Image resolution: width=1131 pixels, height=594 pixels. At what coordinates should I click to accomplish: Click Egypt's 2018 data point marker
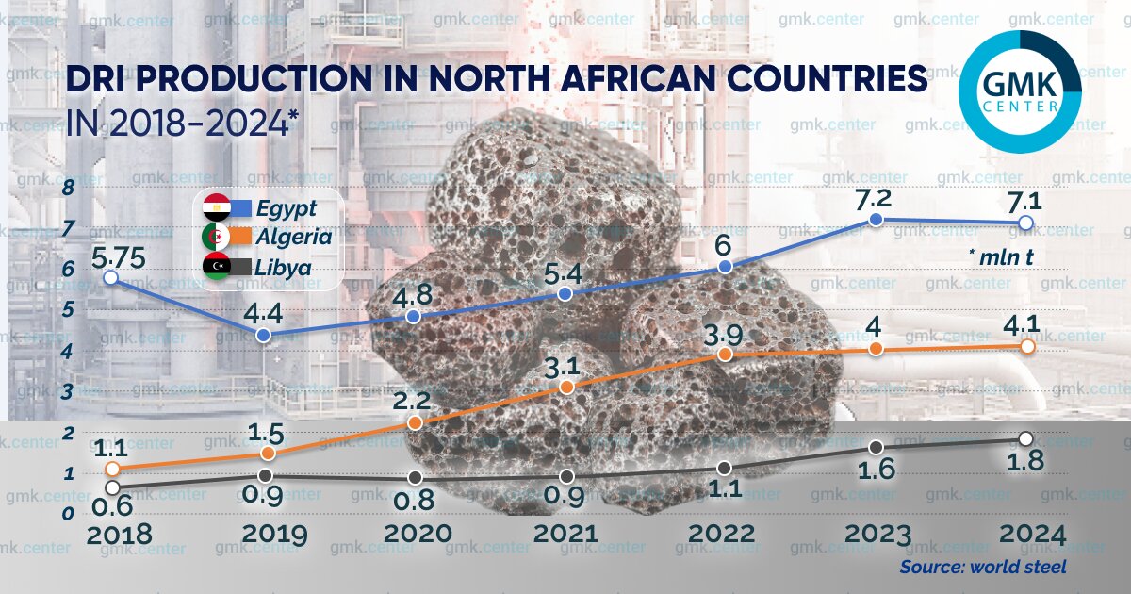(x=111, y=277)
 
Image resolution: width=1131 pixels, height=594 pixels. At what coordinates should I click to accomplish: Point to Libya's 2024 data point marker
(x=1027, y=438)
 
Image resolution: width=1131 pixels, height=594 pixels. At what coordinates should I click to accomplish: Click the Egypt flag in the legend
(x=217, y=208)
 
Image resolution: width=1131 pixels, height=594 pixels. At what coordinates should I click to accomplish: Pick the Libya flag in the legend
(x=217, y=267)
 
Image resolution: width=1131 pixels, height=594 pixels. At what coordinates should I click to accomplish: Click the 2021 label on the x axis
(x=565, y=535)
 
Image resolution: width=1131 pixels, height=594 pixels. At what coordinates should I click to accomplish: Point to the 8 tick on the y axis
(x=67, y=189)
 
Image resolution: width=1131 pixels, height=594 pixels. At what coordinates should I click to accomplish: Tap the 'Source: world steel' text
(x=983, y=568)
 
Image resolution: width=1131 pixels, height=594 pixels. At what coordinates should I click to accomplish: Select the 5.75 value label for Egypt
(x=111, y=255)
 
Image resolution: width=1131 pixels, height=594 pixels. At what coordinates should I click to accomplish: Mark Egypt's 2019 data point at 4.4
(x=265, y=335)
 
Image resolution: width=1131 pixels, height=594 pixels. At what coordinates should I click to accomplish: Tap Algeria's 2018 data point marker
(x=112, y=469)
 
